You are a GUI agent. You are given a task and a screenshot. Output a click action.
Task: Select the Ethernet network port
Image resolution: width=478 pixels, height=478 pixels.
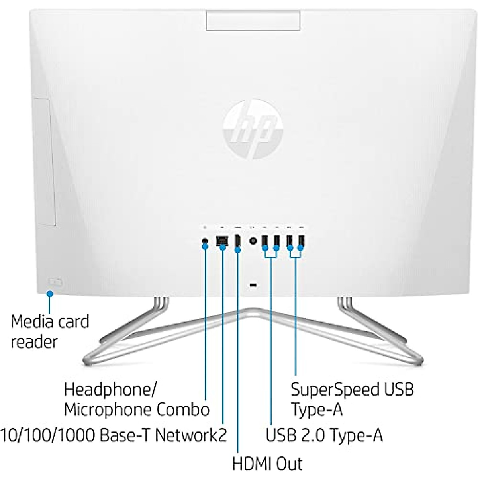pos(222,241)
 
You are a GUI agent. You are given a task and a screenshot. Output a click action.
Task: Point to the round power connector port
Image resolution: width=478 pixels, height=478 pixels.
pos(253,241)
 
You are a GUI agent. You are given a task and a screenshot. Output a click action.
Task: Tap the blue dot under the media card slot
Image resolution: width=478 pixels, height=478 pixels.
pos(50,294)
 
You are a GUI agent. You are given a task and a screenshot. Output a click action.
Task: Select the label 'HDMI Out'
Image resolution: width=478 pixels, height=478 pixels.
pos(267,463)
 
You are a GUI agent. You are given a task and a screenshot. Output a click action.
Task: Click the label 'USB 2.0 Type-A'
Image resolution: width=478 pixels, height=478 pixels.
pos(324,435)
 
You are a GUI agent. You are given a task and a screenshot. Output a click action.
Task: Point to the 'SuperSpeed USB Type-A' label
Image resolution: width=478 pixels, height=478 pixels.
pos(352,399)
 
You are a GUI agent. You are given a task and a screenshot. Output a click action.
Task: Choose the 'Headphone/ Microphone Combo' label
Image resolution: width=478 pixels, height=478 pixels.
pos(136,399)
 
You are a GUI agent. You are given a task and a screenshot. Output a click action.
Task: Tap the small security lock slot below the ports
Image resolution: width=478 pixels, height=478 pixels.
pos(253,285)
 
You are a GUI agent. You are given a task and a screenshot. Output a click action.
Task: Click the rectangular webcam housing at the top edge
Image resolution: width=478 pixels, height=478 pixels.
pos(253,20)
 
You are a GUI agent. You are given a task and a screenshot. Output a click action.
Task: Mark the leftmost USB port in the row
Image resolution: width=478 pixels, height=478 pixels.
pos(264,241)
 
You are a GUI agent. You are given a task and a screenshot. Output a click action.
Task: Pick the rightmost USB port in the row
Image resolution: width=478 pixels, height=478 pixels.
pos(301,241)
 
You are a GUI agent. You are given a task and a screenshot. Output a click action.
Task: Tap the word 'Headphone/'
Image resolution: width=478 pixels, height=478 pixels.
pos(111,389)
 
